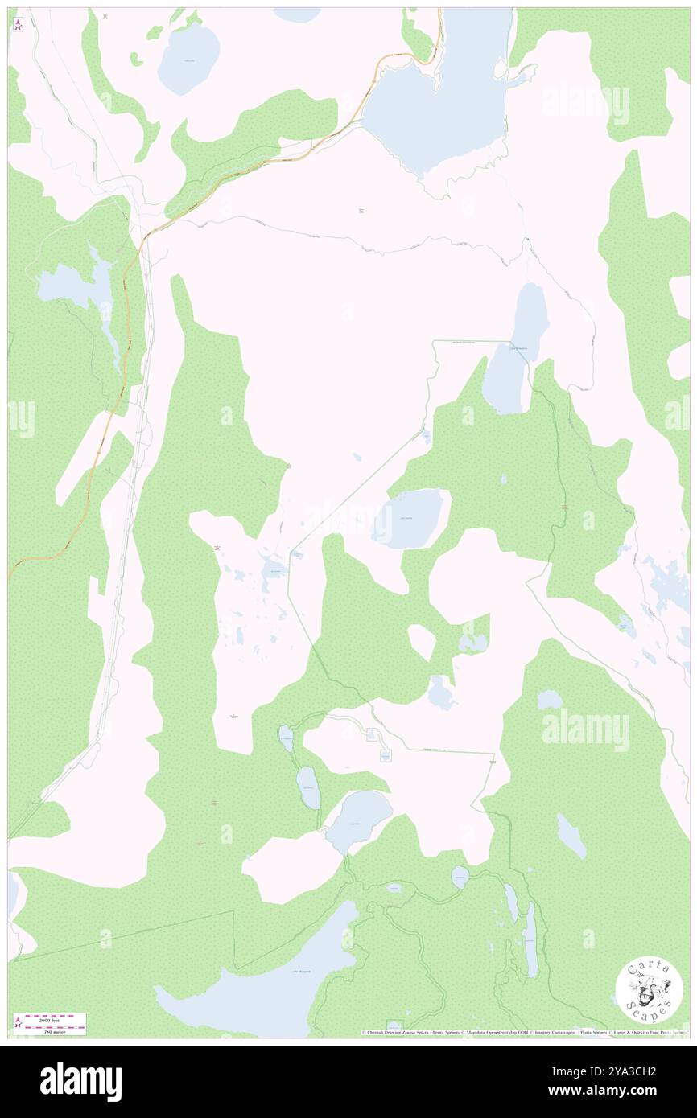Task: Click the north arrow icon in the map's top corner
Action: pos(18,24)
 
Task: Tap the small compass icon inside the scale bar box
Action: pos(18,1023)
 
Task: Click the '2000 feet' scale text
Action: pos(55,1018)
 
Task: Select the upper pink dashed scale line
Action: pos(55,1014)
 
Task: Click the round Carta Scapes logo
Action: pos(649,992)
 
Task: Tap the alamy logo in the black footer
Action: pos(80,1081)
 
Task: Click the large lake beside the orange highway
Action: pos(435,88)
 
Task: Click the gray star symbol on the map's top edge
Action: pos(105,14)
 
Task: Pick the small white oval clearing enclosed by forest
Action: pos(422,642)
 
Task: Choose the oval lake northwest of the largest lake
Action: pos(189,58)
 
